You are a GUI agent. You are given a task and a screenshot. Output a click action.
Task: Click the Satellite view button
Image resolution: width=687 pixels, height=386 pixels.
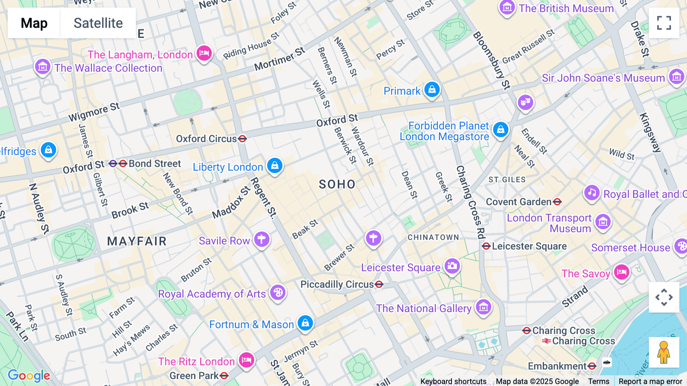(x=98, y=23)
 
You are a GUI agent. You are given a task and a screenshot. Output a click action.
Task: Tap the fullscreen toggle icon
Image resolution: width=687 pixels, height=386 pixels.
(x=664, y=23)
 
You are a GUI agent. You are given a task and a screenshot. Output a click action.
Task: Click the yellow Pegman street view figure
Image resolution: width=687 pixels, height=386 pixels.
(x=664, y=352)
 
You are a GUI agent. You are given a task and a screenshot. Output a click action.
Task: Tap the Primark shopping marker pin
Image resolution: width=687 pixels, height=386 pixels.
(x=432, y=90)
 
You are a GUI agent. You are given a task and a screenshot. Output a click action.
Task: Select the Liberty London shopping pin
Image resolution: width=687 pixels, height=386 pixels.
(x=274, y=166)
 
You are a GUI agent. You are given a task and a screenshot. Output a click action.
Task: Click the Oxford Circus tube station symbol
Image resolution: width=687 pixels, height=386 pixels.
(x=242, y=139)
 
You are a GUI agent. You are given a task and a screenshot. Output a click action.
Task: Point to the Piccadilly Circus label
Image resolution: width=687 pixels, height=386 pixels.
(x=337, y=284)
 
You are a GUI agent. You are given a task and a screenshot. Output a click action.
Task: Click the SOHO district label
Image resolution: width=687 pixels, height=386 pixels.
(x=337, y=185)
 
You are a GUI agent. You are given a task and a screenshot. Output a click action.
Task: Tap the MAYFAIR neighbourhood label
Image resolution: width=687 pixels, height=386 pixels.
(x=137, y=241)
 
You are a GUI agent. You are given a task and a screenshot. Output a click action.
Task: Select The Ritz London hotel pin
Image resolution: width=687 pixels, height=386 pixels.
(x=247, y=360)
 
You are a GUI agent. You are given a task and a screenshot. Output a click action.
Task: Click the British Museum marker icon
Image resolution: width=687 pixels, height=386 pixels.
(x=507, y=8)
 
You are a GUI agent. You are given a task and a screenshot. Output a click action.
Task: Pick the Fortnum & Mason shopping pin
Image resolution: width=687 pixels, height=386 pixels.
(x=305, y=323)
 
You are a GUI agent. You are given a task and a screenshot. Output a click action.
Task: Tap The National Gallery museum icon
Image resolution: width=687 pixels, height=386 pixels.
(x=484, y=307)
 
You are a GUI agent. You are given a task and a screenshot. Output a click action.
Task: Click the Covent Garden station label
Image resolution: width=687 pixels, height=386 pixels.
(x=519, y=202)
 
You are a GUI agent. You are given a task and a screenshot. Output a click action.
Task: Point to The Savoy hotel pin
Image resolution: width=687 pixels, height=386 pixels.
(x=621, y=273)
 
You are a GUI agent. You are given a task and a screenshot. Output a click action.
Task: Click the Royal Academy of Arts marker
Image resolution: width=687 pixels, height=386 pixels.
(x=278, y=293)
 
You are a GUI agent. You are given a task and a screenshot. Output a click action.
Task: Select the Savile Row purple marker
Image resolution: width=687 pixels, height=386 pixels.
(x=262, y=240)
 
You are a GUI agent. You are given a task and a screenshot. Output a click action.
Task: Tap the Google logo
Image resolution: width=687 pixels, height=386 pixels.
(x=29, y=376)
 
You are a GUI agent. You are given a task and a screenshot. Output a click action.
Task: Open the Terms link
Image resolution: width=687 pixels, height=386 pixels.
(x=598, y=381)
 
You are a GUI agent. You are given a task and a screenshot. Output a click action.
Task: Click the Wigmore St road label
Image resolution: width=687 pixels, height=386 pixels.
(x=94, y=112)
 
